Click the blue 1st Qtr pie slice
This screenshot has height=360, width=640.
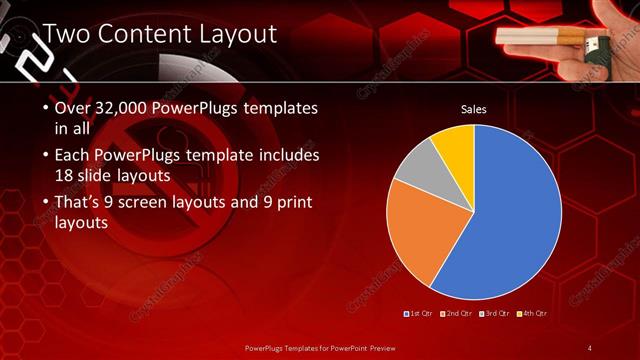(510, 220)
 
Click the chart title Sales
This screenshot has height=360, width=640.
(473, 109)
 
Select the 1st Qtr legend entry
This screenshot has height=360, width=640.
(420, 313)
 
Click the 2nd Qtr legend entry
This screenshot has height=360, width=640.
(457, 313)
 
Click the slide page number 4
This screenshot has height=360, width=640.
(590, 347)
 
